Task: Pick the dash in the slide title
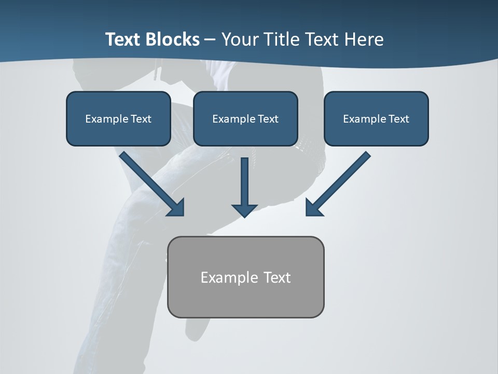coord(210,40)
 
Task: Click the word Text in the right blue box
coord(398,119)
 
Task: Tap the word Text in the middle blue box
coord(268,119)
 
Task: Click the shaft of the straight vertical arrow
coord(244,179)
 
